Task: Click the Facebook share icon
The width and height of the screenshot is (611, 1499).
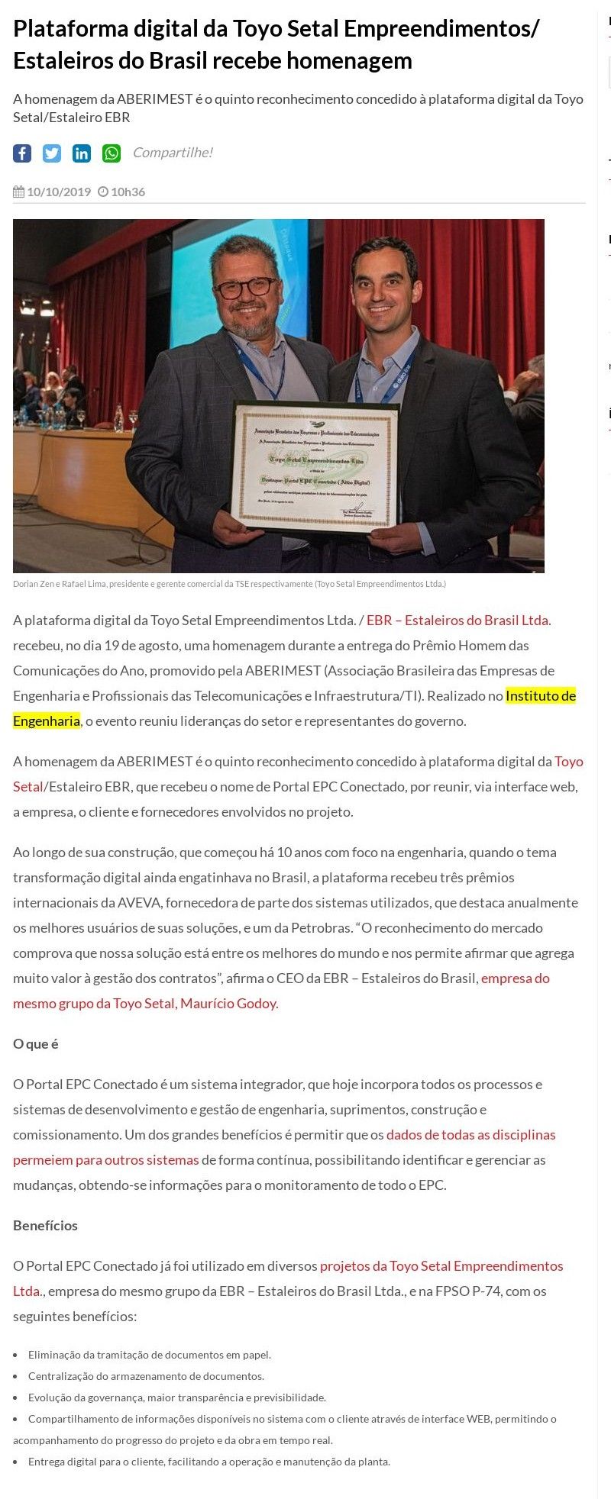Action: pos(22,153)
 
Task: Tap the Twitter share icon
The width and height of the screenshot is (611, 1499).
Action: pos(52,153)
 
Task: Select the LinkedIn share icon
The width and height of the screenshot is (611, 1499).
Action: pos(82,153)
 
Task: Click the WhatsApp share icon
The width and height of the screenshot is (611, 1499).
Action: pos(112,153)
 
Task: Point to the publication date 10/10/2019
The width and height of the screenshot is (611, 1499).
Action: pos(58,192)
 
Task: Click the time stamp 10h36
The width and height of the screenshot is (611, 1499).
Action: pos(127,192)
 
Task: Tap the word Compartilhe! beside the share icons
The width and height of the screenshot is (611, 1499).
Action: pos(173,153)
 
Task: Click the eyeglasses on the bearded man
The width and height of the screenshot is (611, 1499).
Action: pos(245,288)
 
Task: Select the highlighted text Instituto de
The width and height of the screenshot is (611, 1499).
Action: pos(540,696)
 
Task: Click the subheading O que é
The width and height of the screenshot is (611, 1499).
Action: pos(36,1044)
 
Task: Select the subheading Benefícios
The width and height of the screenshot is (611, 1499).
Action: pos(45,1226)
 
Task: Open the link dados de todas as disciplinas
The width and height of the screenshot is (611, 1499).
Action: pos(470,1135)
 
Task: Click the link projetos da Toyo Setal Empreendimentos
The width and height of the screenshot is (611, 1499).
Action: pos(441,1266)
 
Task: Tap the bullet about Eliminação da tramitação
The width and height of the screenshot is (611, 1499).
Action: pos(149,1355)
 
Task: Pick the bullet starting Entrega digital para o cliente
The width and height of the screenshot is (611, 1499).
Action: pos(209,1462)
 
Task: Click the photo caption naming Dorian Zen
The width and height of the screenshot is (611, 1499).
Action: pos(229,584)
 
